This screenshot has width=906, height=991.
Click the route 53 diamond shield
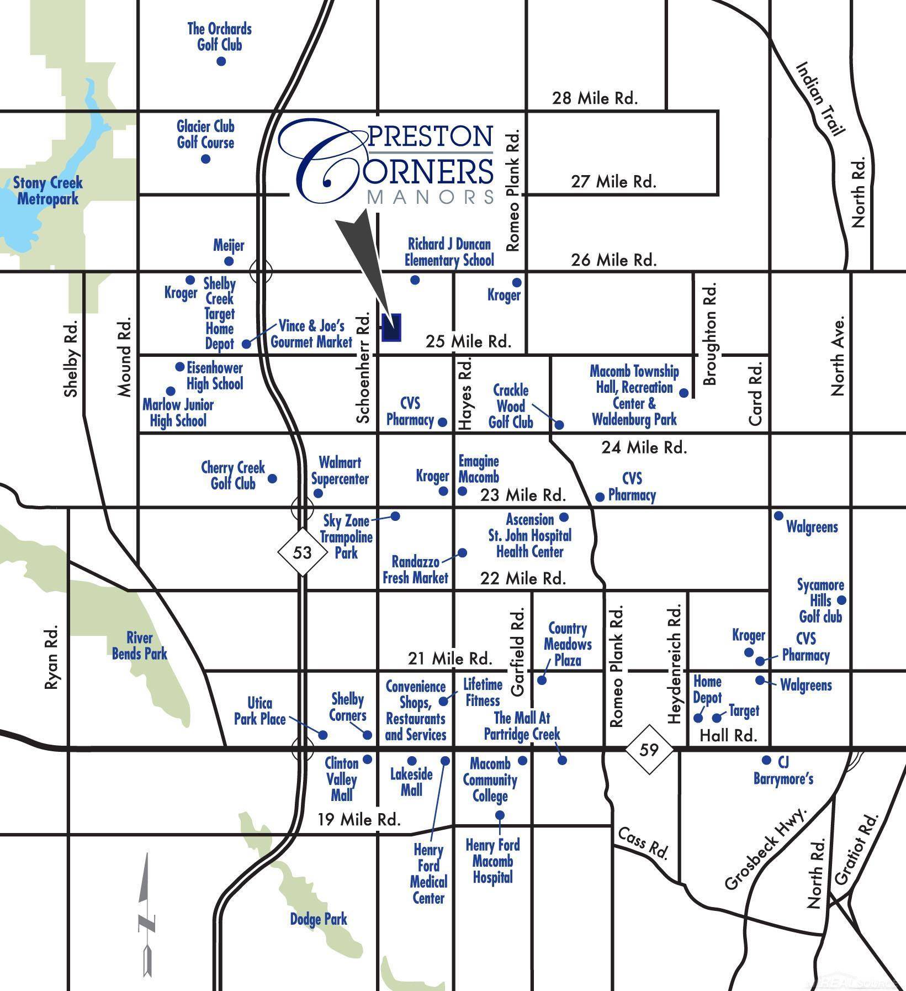302,552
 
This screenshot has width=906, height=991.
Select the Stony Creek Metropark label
48,191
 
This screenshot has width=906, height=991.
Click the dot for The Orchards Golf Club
221,61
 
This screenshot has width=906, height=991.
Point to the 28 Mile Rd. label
595,98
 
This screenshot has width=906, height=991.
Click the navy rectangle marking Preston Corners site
391,328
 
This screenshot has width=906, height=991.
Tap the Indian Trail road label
820,98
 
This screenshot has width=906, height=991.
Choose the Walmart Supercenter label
340,470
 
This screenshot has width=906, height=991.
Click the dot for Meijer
229,261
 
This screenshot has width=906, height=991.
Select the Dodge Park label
319,919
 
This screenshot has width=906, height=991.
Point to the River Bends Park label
139,646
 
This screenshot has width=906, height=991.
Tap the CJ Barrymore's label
783,771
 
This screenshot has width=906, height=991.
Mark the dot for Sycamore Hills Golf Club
841,600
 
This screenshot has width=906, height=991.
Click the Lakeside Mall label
411,782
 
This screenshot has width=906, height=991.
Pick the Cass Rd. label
643,843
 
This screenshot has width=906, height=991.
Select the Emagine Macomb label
479,468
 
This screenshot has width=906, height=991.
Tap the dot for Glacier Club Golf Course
206,159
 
